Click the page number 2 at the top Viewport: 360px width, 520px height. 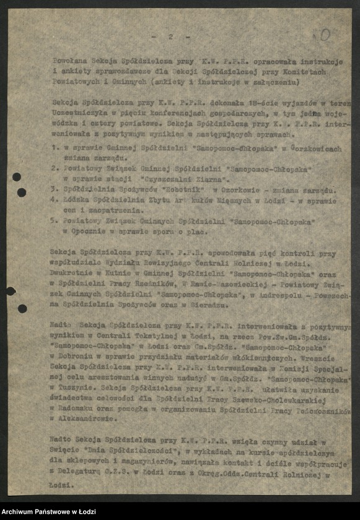[170, 37]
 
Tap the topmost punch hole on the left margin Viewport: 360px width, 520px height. [16, 177]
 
